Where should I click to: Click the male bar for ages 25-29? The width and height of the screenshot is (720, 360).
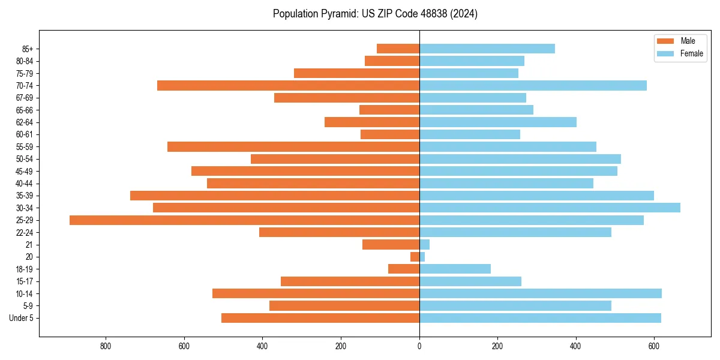click(x=244, y=220)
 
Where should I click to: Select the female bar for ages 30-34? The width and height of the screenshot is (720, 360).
click(x=550, y=208)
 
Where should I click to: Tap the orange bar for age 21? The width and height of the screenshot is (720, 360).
click(x=391, y=245)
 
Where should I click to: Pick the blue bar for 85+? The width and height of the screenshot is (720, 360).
click(x=487, y=49)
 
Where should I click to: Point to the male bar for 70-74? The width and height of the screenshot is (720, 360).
click(x=288, y=86)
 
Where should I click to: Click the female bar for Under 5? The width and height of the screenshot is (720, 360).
click(x=540, y=318)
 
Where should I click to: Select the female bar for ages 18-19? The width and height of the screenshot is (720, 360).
click(x=455, y=269)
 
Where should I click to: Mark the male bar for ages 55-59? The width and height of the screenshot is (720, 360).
click(x=293, y=147)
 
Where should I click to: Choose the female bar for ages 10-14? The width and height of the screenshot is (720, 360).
click(x=541, y=293)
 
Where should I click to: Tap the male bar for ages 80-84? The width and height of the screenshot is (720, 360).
click(x=392, y=61)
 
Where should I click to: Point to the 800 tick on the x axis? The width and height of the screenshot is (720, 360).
click(x=106, y=346)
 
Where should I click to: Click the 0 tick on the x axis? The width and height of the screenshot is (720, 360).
click(x=419, y=346)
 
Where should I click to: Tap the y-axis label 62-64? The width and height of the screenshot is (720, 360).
click(x=25, y=122)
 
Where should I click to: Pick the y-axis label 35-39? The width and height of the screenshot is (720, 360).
click(x=25, y=196)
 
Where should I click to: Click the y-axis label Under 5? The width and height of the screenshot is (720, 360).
click(x=22, y=318)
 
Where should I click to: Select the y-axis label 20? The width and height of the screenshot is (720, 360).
click(x=29, y=257)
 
